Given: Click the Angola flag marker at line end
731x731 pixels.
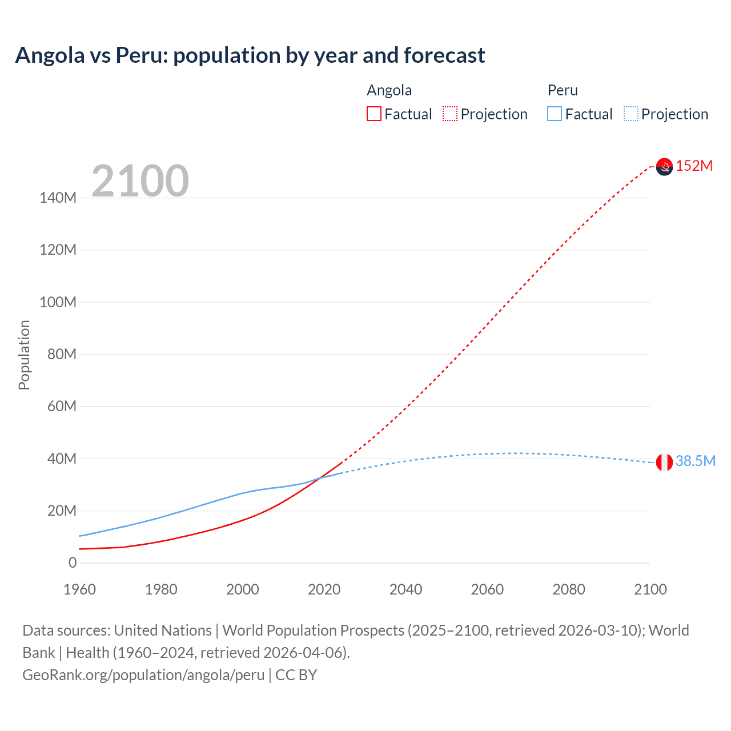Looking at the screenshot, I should tap(664, 167).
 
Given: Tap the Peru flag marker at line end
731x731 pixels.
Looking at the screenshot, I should tap(664, 462).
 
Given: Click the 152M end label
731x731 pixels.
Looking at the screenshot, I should tap(694, 166).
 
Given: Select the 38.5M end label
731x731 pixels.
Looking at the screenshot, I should tap(695, 461).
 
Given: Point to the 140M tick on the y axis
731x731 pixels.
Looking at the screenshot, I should tap(58, 198).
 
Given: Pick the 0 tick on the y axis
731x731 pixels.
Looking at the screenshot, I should tap(73, 563).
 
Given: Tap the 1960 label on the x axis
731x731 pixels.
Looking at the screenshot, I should tap(79, 589).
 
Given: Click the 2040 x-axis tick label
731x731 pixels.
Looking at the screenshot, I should tap(405, 589).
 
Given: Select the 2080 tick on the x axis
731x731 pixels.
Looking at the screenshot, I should tap(569, 589).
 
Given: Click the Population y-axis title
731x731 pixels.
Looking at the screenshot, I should tap(24, 355).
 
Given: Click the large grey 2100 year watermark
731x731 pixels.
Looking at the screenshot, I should tap(140, 181).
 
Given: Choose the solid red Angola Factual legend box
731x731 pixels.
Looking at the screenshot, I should tap(374, 114).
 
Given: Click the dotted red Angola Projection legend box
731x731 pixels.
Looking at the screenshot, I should tap(450, 114).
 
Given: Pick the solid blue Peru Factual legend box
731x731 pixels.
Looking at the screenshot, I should tap(555, 114).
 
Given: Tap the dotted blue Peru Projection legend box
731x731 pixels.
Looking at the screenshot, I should tap(631, 114).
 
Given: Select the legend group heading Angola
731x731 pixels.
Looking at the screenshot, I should tap(389, 90).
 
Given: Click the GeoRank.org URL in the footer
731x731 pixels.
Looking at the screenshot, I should tap(143, 675).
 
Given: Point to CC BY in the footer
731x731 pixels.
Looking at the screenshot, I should tap(296, 675).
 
